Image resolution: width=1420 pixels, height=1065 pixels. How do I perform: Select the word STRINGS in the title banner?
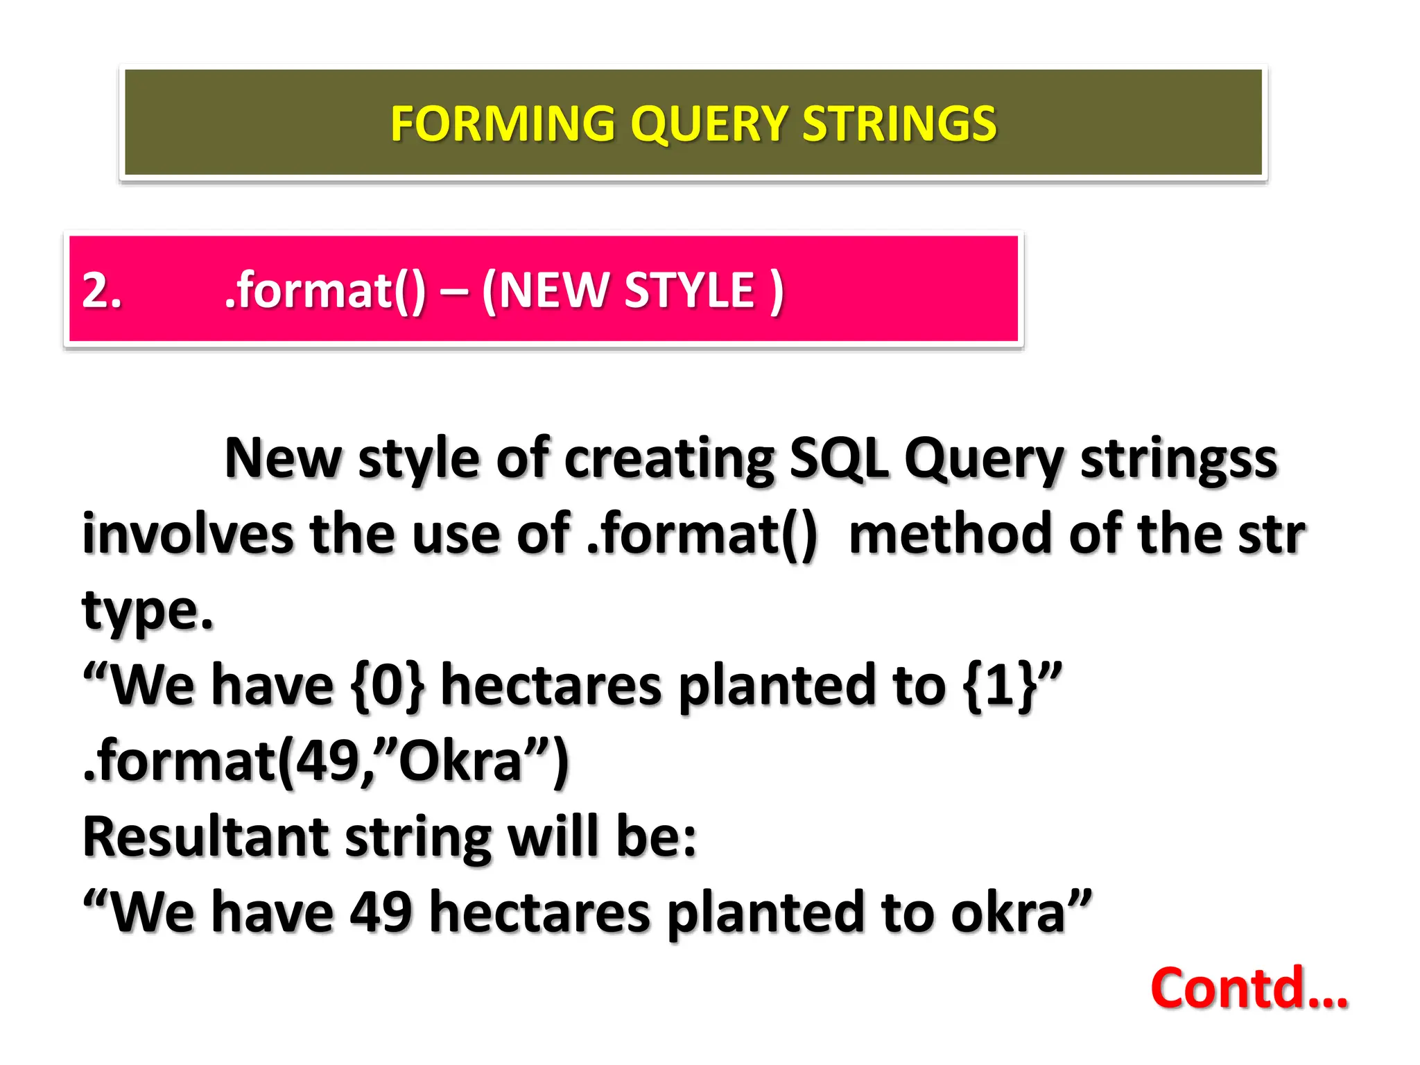899,123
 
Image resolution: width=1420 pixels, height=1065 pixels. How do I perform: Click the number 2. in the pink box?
102,290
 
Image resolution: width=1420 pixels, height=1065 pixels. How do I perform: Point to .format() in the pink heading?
325,290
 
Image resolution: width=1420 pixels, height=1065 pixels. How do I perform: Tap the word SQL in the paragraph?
839,459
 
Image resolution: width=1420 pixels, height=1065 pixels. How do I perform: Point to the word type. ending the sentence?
148,612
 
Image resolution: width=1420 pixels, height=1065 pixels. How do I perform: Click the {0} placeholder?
388,685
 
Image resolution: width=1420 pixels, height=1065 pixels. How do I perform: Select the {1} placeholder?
1000,685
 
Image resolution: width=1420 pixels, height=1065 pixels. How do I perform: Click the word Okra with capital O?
460,761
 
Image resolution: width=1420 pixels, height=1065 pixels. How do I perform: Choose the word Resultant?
205,837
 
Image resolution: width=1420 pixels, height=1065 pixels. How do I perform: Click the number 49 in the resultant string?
381,912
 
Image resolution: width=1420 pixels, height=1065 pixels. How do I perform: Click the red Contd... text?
1248,987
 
